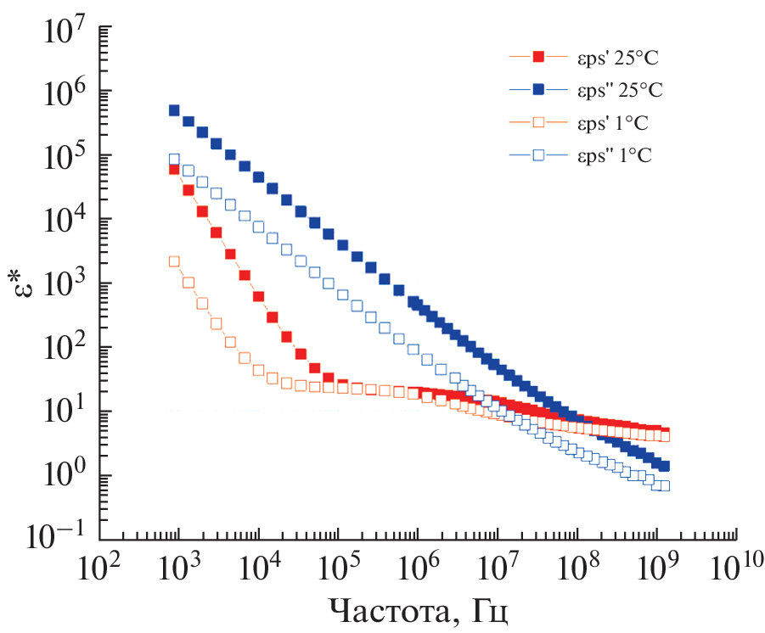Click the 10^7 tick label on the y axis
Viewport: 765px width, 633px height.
pos(63,33)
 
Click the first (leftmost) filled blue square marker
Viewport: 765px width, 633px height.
pos(174,110)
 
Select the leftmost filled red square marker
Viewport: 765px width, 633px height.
pos(174,169)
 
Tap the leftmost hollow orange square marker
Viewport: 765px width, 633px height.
pos(174,261)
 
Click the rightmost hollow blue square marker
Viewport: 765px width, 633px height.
pos(665,485)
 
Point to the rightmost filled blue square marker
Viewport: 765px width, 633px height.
pos(665,466)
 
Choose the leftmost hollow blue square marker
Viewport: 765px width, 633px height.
pos(174,159)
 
